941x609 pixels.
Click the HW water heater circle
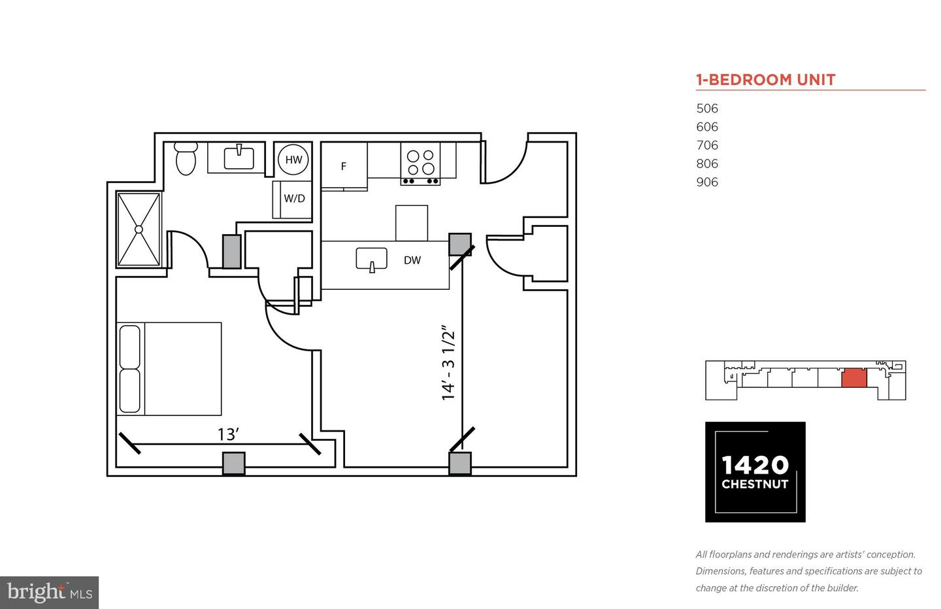coord(293,160)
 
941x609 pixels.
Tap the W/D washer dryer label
coord(295,198)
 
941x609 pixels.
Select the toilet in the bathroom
coord(186,158)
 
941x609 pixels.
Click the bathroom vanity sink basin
coord(239,158)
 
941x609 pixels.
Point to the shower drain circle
coord(139,229)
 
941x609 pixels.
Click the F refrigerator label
coord(344,167)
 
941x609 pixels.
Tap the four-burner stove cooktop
coord(420,164)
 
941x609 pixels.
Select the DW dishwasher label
coord(412,260)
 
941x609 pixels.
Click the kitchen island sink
coord(372,260)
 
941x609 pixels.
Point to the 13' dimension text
coord(229,434)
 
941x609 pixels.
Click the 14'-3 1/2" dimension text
coord(448,362)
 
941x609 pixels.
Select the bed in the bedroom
coord(169,369)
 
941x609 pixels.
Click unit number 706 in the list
coord(707,145)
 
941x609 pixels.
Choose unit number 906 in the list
coord(707,182)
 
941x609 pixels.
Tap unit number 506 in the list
coord(707,109)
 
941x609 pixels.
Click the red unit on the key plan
coord(854,378)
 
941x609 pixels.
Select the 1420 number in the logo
coord(755,465)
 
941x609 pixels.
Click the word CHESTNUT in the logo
coord(755,484)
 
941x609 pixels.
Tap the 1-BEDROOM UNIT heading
coord(765,80)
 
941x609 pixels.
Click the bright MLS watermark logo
coord(50,592)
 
